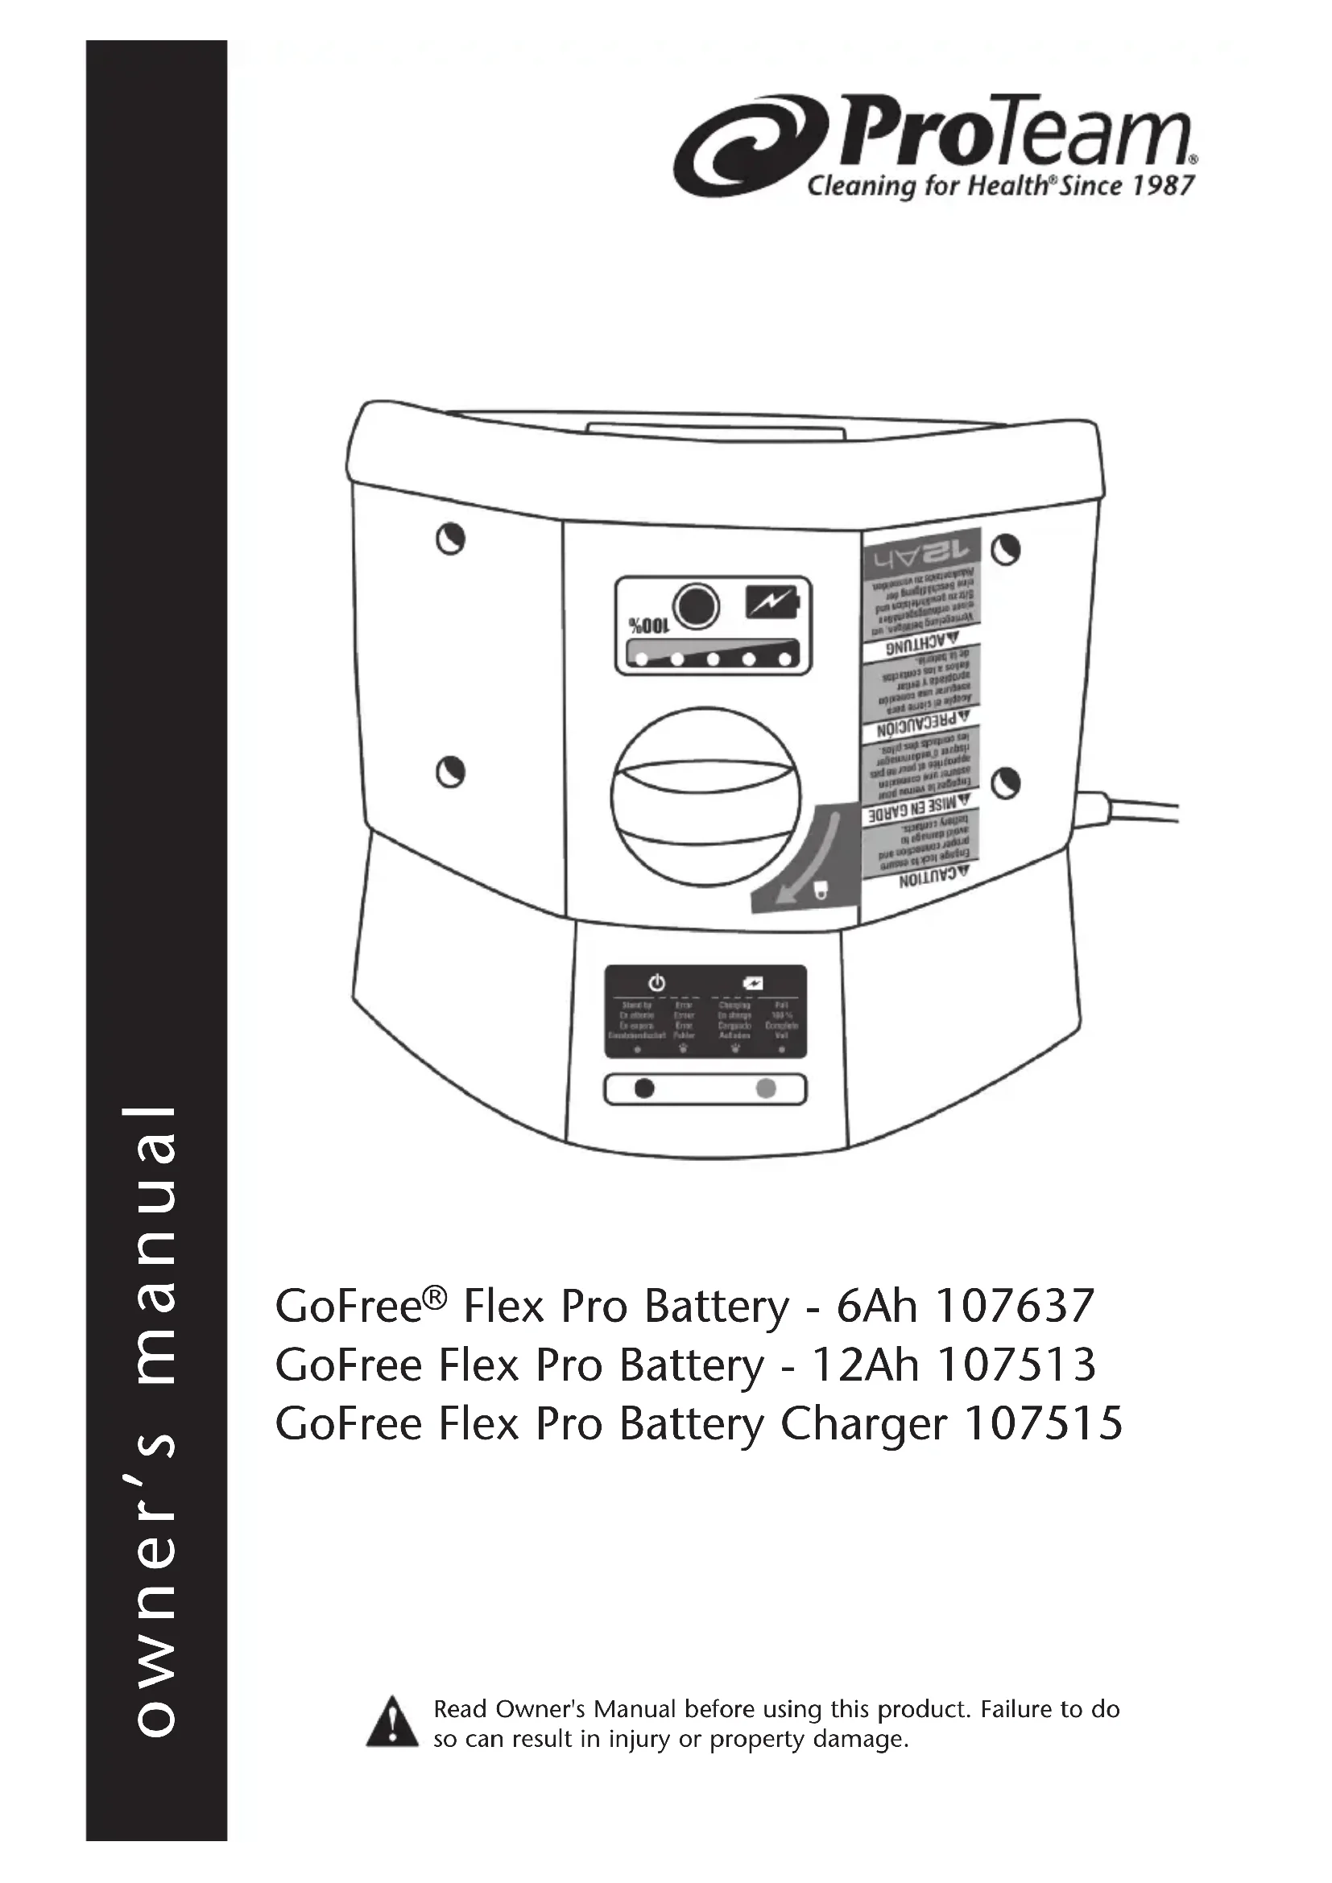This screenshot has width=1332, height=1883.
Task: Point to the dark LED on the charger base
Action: [645, 1088]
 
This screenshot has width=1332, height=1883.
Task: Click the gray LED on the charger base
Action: [765, 1088]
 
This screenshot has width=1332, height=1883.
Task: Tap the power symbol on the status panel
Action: [656, 981]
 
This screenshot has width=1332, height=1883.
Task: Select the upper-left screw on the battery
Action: [450, 539]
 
